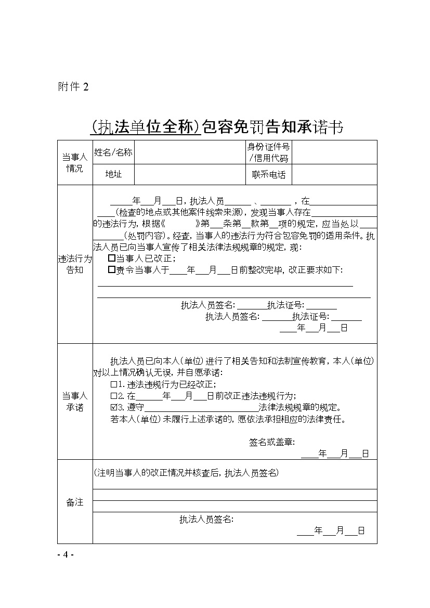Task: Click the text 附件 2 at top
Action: coord(73,87)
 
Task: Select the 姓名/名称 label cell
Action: coord(113,152)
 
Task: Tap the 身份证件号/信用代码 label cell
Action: coord(268,152)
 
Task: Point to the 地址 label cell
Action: coord(113,175)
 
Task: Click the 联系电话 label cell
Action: coord(268,175)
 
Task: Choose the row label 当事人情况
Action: coord(75,163)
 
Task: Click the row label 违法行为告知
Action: coord(75,264)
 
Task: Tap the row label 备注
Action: coord(75,502)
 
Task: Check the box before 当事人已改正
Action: coord(111,258)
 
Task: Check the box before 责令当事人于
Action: coord(111,270)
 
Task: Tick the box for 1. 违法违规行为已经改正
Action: coord(114,385)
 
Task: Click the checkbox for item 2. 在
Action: coord(114,396)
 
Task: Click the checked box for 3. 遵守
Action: coord(114,407)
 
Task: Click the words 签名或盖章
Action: coord(271,442)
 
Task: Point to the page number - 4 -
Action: coord(66,554)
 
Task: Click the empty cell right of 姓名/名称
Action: coord(189,152)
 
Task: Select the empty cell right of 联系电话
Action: coord(334,175)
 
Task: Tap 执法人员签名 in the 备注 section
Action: coord(206,519)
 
